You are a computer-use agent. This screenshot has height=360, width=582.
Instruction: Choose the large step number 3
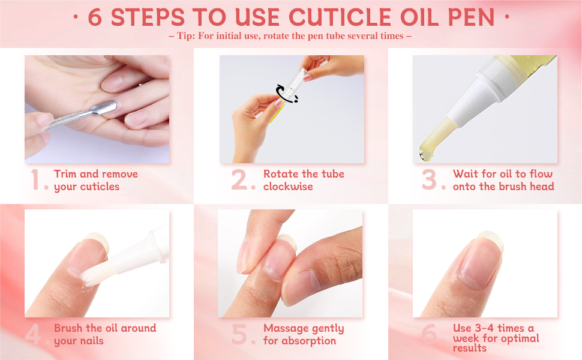(x=430, y=181)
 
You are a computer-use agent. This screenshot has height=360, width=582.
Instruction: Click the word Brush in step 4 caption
(x=67, y=328)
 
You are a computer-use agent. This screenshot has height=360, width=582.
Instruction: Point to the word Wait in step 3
(x=466, y=174)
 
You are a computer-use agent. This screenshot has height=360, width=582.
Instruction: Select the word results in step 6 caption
(x=470, y=348)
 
